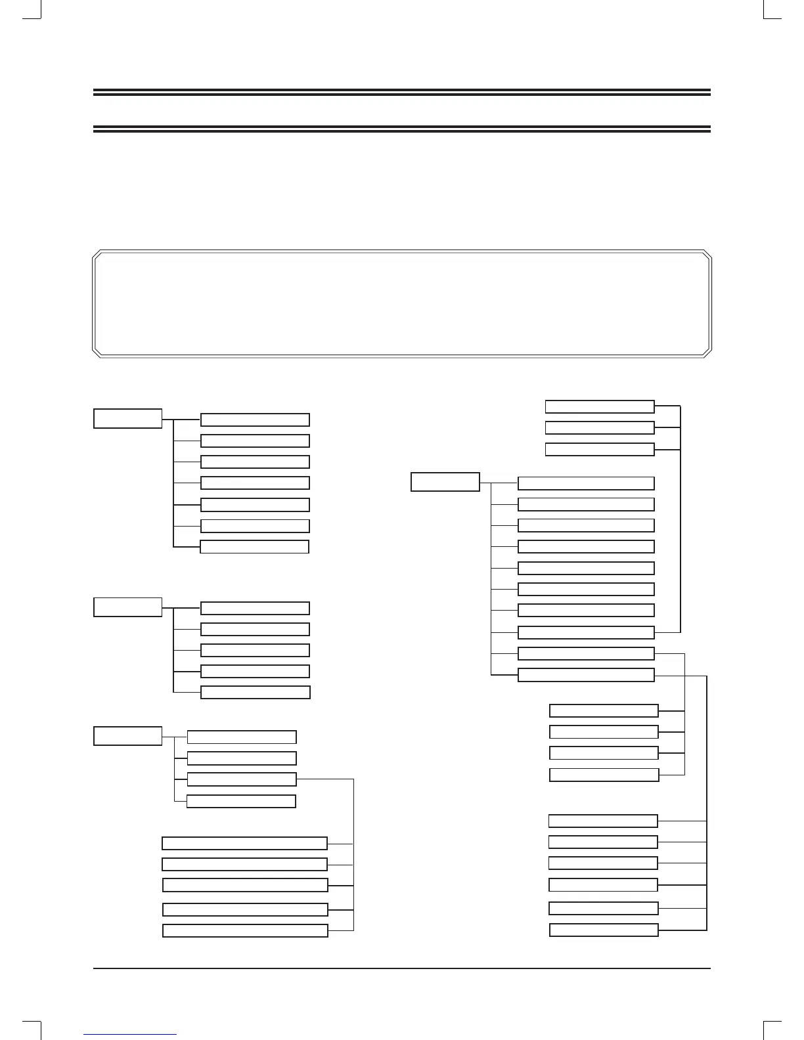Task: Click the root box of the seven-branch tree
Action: point(127,418)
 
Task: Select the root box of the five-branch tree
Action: point(127,607)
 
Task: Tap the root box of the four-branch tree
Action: point(127,736)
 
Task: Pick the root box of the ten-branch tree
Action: point(445,482)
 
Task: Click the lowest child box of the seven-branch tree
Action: point(254,547)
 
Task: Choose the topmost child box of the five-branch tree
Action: point(255,608)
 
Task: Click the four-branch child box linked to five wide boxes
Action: point(242,779)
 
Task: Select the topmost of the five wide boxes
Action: point(244,844)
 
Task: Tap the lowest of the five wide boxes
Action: point(245,930)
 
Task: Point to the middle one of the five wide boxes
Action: point(245,885)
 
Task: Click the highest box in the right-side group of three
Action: point(600,406)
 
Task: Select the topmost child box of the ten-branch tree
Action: point(586,483)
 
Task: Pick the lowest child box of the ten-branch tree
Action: point(586,675)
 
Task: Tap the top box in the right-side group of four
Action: point(604,710)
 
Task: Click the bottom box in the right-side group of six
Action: point(604,930)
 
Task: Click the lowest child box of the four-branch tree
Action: point(241,801)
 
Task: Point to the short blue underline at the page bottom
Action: point(131,1035)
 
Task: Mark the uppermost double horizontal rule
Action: point(402,93)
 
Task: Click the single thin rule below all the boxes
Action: point(402,968)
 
